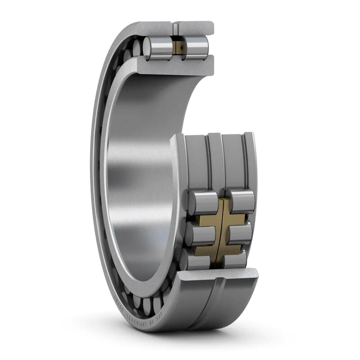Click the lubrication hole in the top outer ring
pos(176,28)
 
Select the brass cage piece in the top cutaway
pos(178,47)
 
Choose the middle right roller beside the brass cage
pos(240,231)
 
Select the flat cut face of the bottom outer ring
pos(218,276)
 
